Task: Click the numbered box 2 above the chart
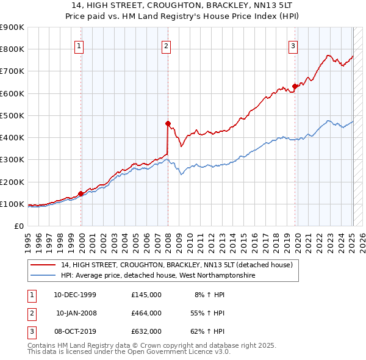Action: click(166, 45)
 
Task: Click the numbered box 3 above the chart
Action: click(293, 45)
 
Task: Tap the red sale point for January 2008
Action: click(168, 123)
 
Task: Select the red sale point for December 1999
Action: click(81, 193)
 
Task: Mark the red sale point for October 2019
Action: click(295, 86)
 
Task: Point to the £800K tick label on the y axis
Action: click(12, 49)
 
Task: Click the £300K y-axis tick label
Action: click(12, 160)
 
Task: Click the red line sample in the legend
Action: click(43, 265)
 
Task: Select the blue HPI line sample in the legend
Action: click(43, 276)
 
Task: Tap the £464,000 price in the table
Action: click(146, 313)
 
